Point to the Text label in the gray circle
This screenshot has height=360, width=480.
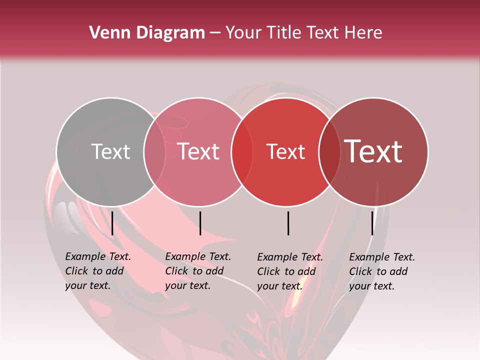pos(110,151)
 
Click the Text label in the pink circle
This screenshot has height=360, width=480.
pos(198,151)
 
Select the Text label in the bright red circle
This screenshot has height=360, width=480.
pos(285,151)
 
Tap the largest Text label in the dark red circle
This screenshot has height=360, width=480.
pos(373,151)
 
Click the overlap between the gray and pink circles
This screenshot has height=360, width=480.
pos(154,152)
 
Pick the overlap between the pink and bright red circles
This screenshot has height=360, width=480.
pos(242,152)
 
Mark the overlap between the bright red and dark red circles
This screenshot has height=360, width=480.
pos(329,152)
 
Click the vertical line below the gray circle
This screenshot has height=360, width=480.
pos(112,223)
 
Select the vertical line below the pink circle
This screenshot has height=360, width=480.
pos(200,223)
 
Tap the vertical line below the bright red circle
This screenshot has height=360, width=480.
pos(288,223)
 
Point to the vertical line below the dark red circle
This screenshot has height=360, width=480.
pos(372,223)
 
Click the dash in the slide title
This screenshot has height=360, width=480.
pos(215,33)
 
